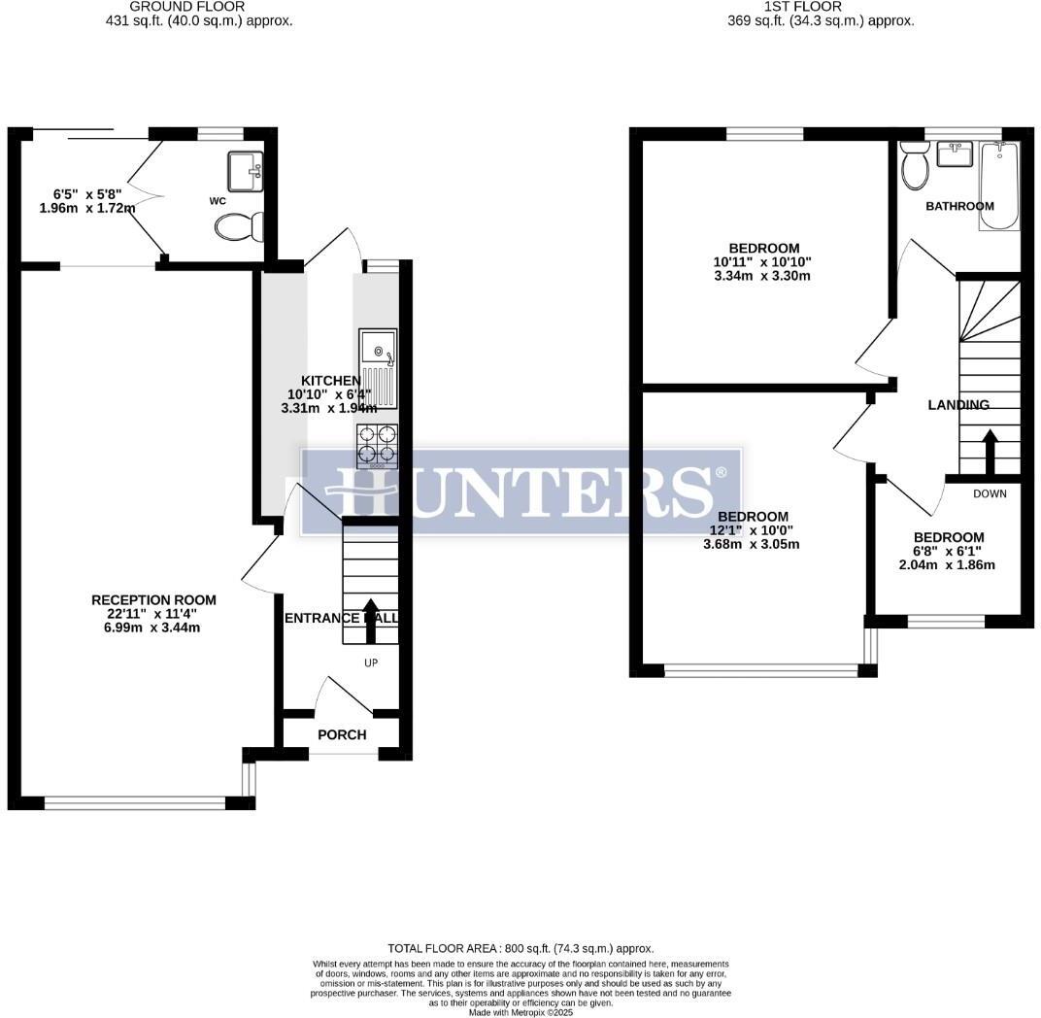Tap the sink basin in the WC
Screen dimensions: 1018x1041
pos(245,171)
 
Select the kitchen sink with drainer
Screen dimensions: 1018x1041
pos(378,369)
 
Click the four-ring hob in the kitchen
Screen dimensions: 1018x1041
pos(378,446)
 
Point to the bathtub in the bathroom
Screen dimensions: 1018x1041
pos(999,185)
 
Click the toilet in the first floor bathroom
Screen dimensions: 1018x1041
pos(914,165)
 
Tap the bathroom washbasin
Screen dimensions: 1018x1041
pos(955,153)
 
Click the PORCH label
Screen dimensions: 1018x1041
pos(342,734)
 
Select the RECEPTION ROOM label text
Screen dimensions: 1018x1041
pos(153,600)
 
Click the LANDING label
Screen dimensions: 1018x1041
pos(957,405)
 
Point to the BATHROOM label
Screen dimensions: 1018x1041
pos(959,206)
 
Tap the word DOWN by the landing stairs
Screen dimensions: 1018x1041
pos(990,493)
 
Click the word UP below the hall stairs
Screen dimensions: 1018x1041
pos(370,663)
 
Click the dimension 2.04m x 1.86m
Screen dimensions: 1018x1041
pos(947,564)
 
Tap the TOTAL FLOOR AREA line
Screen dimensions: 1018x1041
pos(520,948)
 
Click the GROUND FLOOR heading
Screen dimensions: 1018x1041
pos(186,6)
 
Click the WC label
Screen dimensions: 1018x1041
pos(217,201)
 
